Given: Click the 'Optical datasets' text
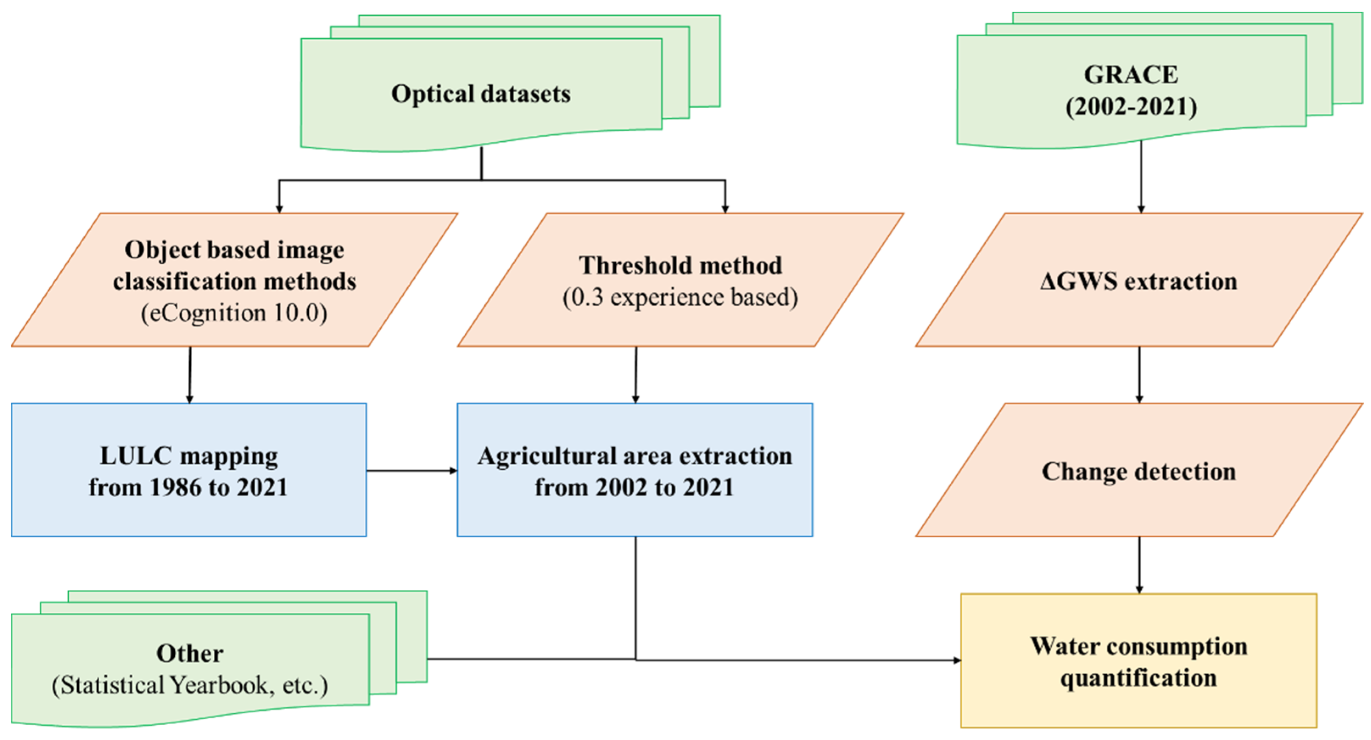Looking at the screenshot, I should pyautogui.click(x=480, y=94).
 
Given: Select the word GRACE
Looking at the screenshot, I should pyautogui.click(x=1131, y=75).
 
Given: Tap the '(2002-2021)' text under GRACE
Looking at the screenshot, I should pyautogui.click(x=1131, y=107).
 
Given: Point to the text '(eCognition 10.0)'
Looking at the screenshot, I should pyautogui.click(x=234, y=312).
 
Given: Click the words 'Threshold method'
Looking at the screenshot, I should pyautogui.click(x=680, y=265).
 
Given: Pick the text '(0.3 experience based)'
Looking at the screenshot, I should pyautogui.click(x=680, y=297).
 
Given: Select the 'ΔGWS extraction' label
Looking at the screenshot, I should pyautogui.click(x=1139, y=281).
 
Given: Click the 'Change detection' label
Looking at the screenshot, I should pyautogui.click(x=1139, y=471).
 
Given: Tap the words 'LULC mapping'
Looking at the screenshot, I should pyautogui.click(x=189, y=456).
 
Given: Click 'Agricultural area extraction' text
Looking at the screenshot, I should pyautogui.click(x=634, y=456).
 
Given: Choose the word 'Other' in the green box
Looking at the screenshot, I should pyautogui.click(x=190, y=653).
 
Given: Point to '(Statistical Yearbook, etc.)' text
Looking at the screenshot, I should pyautogui.click(x=190, y=685).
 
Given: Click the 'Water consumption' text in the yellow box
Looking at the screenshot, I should pyautogui.click(x=1139, y=646).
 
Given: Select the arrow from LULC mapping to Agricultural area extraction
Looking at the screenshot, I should pyautogui.click(x=411, y=471).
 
